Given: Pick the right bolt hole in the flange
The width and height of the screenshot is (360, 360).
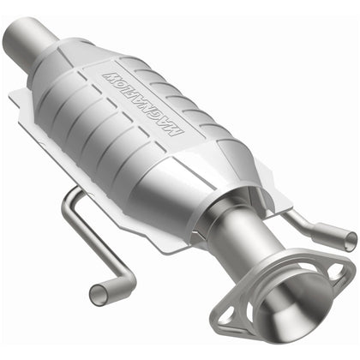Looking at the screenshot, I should (x=340, y=273).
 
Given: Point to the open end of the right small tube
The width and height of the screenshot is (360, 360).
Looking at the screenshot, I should (x=347, y=241).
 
